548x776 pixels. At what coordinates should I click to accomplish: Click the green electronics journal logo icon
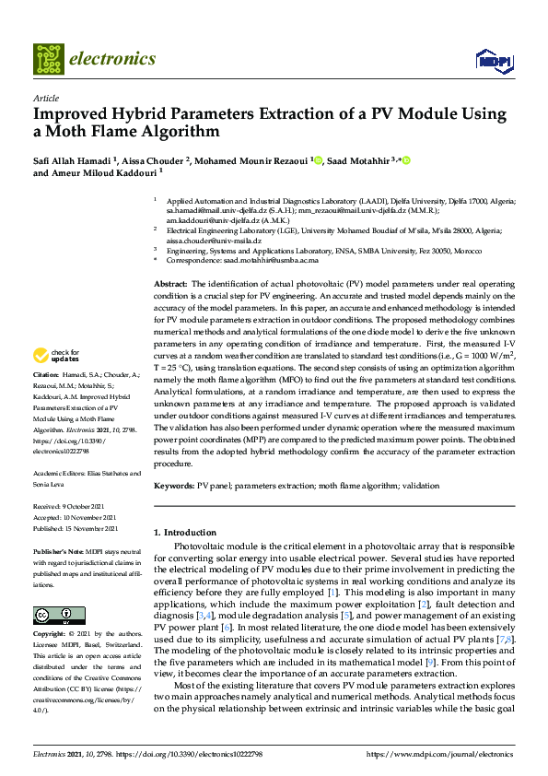(49, 58)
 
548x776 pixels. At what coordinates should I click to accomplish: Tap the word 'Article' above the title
(45, 98)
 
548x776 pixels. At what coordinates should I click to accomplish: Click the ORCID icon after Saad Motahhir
(405, 160)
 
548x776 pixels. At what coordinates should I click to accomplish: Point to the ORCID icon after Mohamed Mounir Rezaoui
(319, 160)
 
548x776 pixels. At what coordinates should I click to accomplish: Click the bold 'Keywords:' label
(174, 485)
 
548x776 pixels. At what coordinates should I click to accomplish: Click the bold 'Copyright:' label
(52, 636)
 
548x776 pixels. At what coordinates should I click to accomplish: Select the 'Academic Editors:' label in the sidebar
(59, 474)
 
